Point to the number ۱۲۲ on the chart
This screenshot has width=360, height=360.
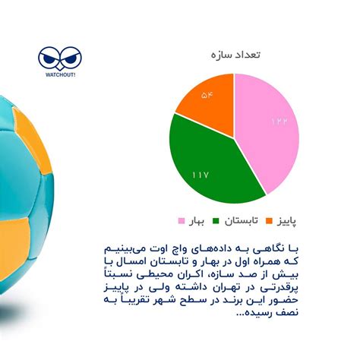(x=279, y=122)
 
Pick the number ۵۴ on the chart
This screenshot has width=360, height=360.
(x=207, y=96)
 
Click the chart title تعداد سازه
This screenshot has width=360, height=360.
(x=234, y=56)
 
